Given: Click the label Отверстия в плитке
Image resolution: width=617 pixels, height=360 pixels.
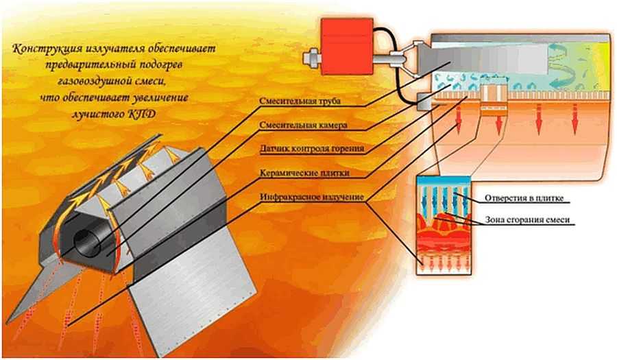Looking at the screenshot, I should (524, 199).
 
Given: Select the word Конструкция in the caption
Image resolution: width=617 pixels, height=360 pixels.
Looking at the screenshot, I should (47, 49).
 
